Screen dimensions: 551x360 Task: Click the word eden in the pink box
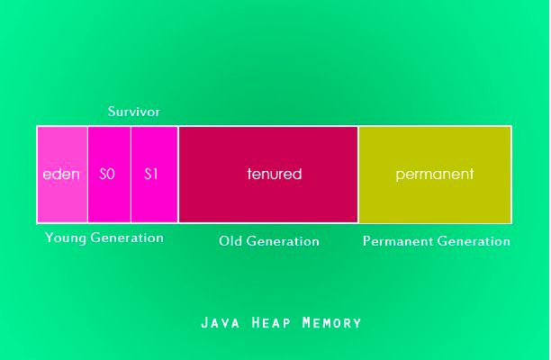[x=61, y=175]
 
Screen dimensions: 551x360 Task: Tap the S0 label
[x=107, y=174]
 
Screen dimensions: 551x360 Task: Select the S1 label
[x=151, y=174]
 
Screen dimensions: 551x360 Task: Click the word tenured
[x=274, y=174]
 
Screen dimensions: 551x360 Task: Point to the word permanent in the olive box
[x=435, y=175]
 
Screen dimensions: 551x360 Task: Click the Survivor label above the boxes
[x=133, y=112]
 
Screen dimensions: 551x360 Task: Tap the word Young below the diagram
[x=66, y=238]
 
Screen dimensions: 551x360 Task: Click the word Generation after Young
[x=127, y=238]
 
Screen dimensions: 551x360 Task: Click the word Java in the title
[x=221, y=323]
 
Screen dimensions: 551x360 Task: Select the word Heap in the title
[x=271, y=323]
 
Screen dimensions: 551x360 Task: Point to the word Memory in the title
[x=331, y=323]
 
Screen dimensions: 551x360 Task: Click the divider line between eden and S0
[x=87, y=175]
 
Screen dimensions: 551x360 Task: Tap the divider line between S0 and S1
[x=131, y=175]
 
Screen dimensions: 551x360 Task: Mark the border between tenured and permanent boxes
[x=358, y=175]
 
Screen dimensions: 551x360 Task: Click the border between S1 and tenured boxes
[x=178, y=175]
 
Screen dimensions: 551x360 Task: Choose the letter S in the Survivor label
[x=112, y=112]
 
